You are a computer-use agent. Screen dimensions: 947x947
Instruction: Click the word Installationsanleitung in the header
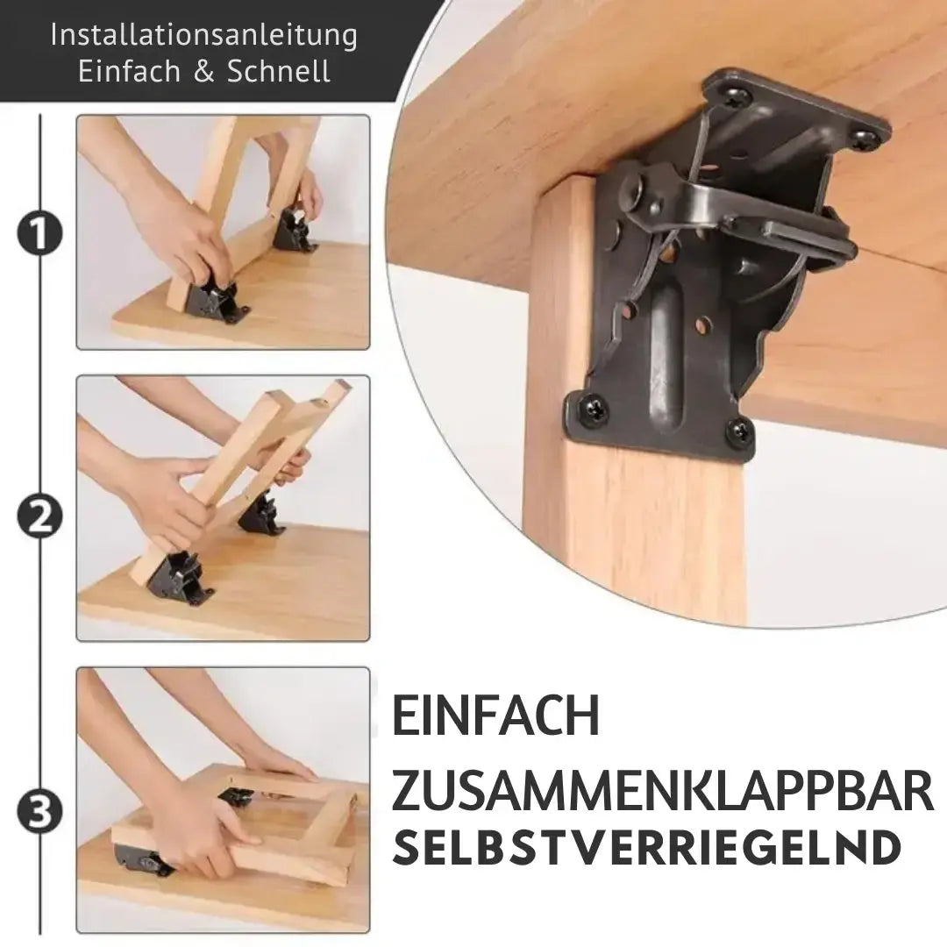tap(203, 35)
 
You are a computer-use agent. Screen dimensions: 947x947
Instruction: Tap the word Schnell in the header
tap(279, 72)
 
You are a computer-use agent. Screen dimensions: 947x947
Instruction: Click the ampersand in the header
tap(203, 72)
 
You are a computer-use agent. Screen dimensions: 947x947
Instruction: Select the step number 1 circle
tap(39, 233)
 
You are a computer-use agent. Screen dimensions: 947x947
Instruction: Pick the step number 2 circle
tap(39, 516)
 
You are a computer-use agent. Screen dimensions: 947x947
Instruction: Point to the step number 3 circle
tap(39, 814)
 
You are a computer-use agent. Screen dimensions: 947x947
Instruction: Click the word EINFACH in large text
tap(495, 716)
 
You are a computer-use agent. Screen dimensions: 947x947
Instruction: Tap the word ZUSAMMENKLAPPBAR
tap(662, 792)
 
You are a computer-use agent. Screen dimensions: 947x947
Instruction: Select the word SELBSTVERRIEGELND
tap(647, 848)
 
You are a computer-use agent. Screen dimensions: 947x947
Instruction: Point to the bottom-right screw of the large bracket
tap(739, 431)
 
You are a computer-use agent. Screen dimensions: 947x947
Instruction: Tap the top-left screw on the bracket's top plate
tap(735, 96)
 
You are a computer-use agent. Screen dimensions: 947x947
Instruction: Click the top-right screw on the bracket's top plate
tap(864, 138)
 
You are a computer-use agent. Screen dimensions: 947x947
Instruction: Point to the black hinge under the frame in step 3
tap(142, 860)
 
